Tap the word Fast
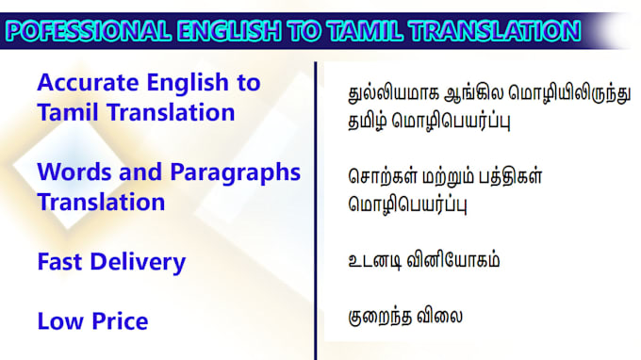click(x=61, y=262)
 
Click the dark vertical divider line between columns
click(x=315, y=207)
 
